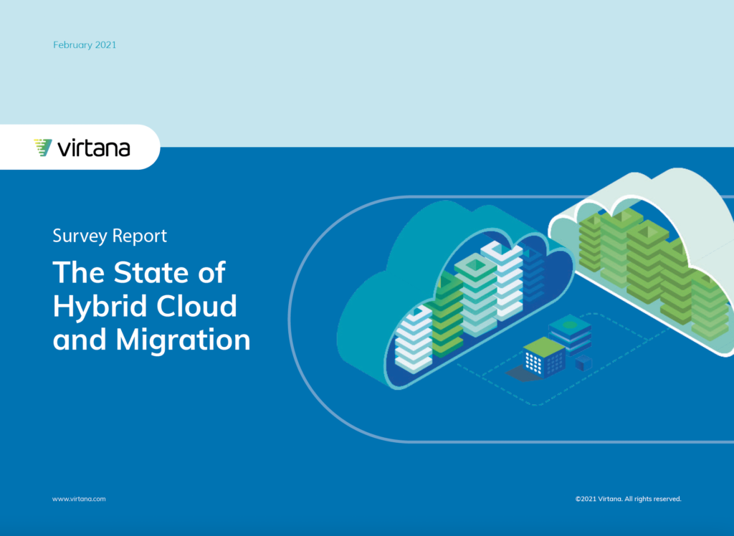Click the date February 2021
pos(85,45)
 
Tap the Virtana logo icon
pos(42,148)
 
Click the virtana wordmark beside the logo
pos(94,148)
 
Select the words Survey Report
pos(110,236)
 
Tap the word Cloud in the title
pos(196,306)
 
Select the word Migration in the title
pos(183,340)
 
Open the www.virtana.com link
pos(79,499)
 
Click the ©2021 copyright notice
pos(628,499)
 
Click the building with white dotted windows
pos(544,357)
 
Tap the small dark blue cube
pos(583,363)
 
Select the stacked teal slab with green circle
pos(570,332)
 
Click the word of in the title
pos(212,272)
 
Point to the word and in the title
pos(80,340)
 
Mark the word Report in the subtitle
pos(140,236)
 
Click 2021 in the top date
pos(106,45)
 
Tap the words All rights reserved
pos(653,499)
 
